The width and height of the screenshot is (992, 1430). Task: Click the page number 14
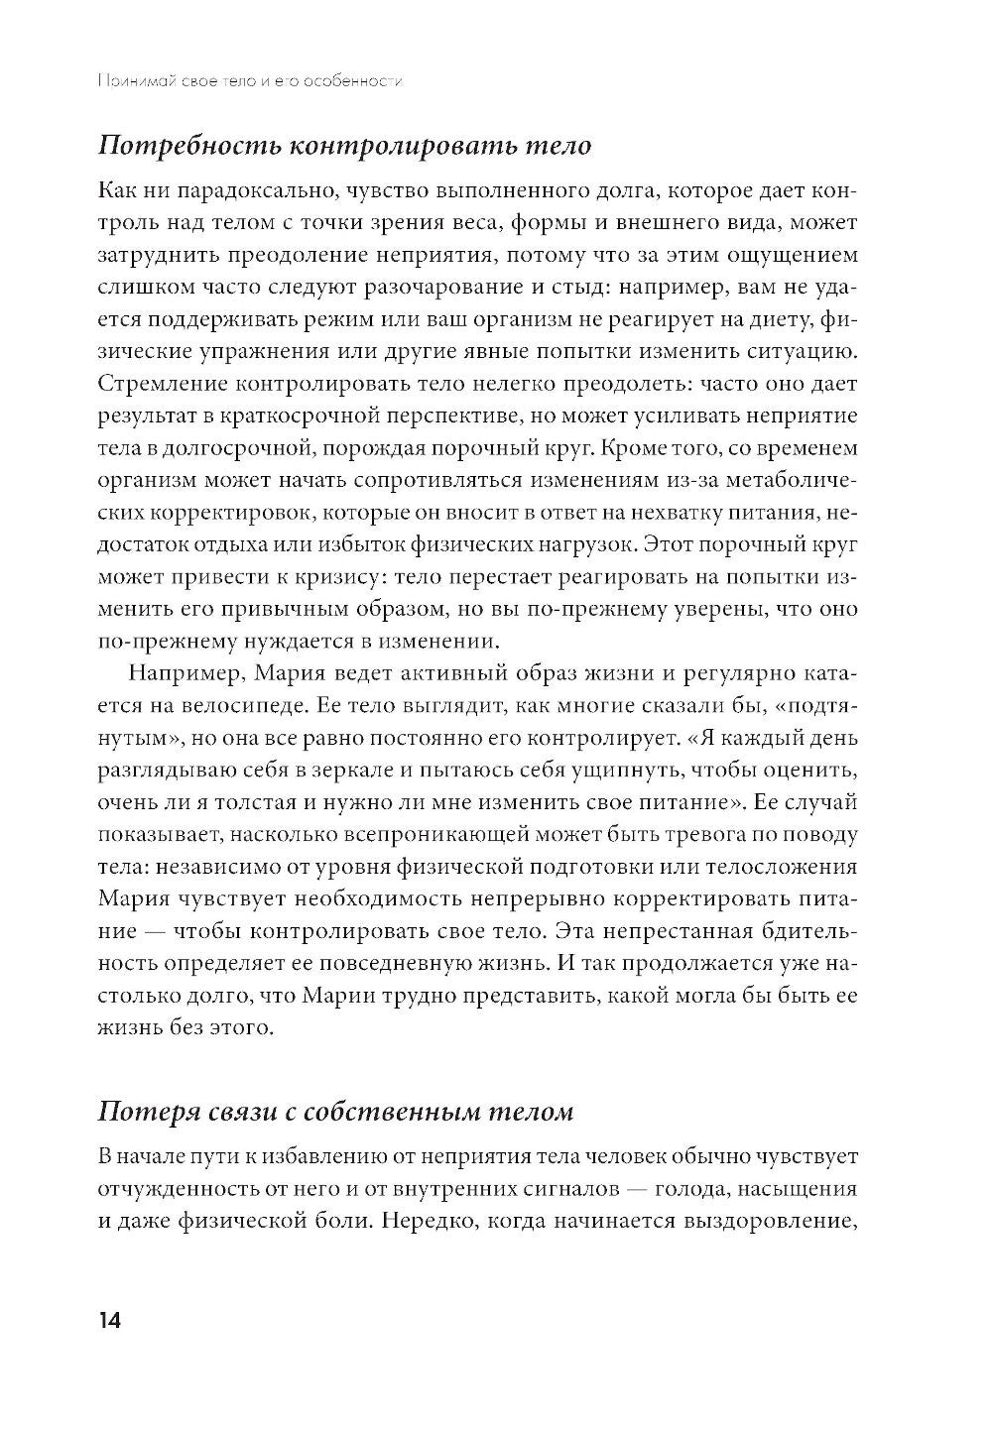108,1322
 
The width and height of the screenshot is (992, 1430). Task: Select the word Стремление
164,383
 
